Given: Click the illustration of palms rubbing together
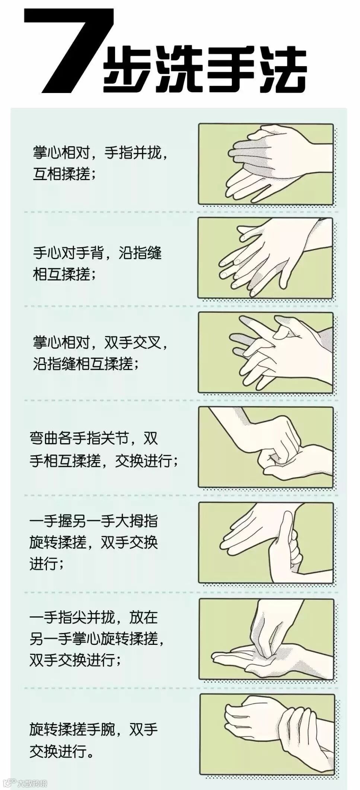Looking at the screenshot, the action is click(266, 164).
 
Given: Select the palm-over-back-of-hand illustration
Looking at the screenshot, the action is click(266, 258).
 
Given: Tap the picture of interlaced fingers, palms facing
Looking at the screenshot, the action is click(266, 352).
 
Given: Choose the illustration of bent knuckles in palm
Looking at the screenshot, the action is click(266, 447).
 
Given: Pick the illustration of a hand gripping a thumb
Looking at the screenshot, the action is click(266, 543).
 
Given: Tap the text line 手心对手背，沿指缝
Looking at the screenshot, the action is click(97, 253).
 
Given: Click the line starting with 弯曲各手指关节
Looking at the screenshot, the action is click(94, 439).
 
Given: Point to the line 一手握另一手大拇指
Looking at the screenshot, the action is click(93, 521).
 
